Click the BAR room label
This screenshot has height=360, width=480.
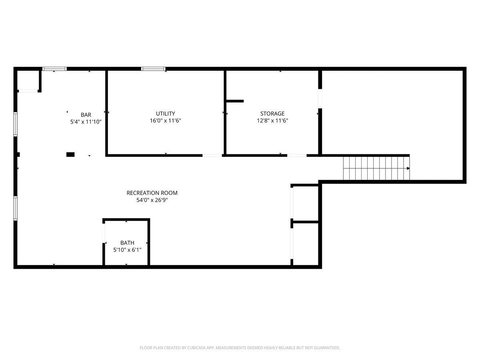[86, 115]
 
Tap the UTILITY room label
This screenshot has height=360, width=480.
[165, 114]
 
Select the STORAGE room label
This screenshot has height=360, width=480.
[272, 114]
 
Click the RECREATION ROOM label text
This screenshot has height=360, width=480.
[152, 193]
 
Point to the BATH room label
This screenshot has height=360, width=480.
[127, 243]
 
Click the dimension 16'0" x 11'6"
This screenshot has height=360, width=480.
[165, 121]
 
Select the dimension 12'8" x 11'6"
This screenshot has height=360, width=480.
[272, 121]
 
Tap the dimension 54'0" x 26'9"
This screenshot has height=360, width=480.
[152, 200]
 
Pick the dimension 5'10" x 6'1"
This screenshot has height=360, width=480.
[127, 250]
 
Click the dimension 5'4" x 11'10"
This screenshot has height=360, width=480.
[86, 122]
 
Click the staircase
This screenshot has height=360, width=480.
[376, 168]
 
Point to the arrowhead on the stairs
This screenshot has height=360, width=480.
[408, 168]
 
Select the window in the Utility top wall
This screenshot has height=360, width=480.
[153, 69]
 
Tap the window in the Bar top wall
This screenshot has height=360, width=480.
[54, 69]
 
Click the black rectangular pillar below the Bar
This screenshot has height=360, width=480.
[70, 154]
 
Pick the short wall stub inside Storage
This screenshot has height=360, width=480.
[235, 101]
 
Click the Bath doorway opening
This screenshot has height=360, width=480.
[104, 233]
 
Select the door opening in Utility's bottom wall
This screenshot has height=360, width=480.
[212, 156]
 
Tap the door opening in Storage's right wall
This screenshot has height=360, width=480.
[320, 98]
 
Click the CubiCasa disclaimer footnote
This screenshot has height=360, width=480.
[240, 348]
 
